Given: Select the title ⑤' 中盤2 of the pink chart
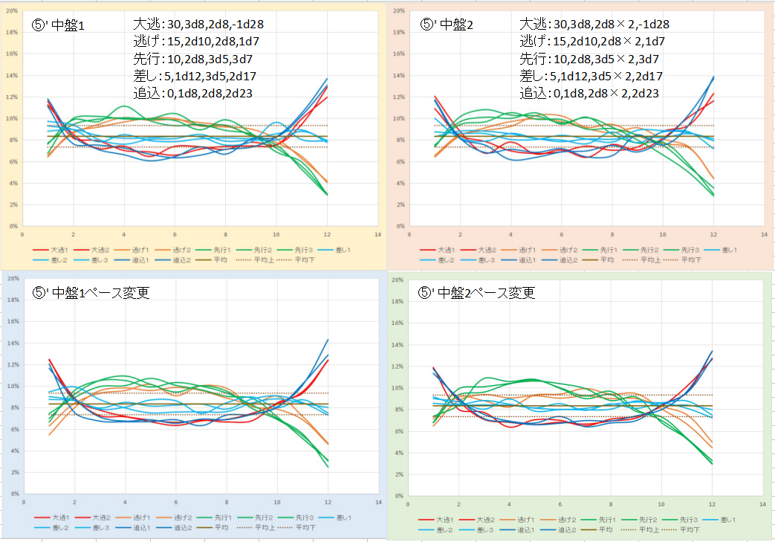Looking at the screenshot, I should [450, 24].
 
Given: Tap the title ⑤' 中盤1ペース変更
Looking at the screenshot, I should [91, 292].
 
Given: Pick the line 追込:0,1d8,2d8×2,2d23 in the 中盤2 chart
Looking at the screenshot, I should [589, 93].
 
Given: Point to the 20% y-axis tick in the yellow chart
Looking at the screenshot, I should [12, 11].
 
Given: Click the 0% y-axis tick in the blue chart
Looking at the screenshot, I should [14, 494].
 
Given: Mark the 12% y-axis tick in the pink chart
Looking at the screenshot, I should [398, 97].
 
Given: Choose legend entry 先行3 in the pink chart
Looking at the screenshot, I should [692, 251].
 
